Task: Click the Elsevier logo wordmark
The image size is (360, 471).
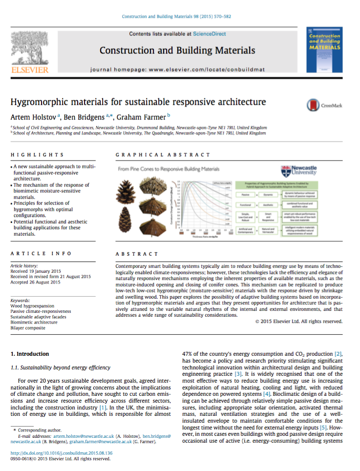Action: (x=29, y=70)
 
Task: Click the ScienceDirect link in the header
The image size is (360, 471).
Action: (x=210, y=34)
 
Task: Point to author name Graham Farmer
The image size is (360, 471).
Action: (x=147, y=118)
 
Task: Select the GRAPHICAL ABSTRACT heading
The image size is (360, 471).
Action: (x=163, y=155)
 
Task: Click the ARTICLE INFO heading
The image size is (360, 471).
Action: (x=41, y=254)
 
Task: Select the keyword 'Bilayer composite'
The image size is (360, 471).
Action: (x=29, y=328)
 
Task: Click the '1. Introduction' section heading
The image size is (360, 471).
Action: (x=30, y=354)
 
